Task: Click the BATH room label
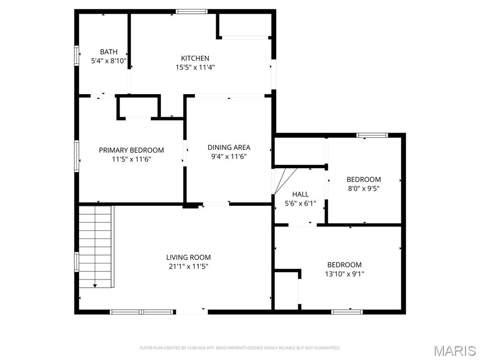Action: coord(109,52)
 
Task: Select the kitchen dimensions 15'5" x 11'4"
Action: coord(195,67)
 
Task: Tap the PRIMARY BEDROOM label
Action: coord(131,150)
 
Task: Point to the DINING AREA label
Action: coord(229,147)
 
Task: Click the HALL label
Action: coord(300,194)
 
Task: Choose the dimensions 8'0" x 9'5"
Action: coord(364,188)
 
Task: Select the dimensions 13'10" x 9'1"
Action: coord(345,274)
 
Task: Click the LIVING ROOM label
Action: coord(188,257)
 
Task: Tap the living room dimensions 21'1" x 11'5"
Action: coord(188,266)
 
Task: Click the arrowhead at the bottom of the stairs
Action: coord(95,285)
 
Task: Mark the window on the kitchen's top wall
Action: coord(192,12)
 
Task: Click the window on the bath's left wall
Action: coord(76,55)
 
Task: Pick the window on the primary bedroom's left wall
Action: coord(76,156)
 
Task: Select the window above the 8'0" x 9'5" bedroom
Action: coord(372,135)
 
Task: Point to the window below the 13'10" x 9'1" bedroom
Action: coord(347,312)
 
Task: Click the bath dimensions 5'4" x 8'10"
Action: coord(109,61)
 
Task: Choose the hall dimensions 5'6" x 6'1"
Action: coord(300,203)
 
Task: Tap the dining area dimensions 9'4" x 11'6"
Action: coord(229,157)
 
